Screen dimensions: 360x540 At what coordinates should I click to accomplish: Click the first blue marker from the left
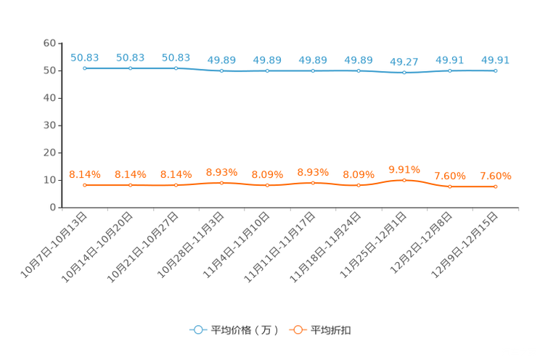85,68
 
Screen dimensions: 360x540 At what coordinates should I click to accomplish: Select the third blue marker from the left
176,68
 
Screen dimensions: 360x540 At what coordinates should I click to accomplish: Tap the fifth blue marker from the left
268,71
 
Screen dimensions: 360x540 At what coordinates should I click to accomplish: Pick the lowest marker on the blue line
404,72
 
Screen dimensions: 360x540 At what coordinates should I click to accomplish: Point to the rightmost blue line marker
496,70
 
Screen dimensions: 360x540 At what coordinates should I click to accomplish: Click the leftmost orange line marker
85,186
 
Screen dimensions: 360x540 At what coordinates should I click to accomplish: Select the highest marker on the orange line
404,179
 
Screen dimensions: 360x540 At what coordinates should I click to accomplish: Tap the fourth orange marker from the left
222,183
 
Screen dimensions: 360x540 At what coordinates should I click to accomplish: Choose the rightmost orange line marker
496,187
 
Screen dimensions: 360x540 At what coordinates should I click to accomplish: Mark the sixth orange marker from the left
313,183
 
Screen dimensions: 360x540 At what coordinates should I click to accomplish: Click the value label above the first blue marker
85,57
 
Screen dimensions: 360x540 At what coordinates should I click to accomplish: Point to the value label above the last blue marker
496,60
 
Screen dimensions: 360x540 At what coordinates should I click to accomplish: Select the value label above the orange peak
404,168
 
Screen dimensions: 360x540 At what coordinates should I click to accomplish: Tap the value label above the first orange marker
85,174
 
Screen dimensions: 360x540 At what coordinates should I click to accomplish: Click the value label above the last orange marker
496,176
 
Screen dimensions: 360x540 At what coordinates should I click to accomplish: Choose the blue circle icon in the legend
198,330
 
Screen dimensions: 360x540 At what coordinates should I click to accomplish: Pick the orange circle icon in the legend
298,330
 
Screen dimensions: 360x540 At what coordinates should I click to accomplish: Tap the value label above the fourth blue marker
222,60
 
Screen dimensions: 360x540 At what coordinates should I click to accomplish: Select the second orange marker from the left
131,186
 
